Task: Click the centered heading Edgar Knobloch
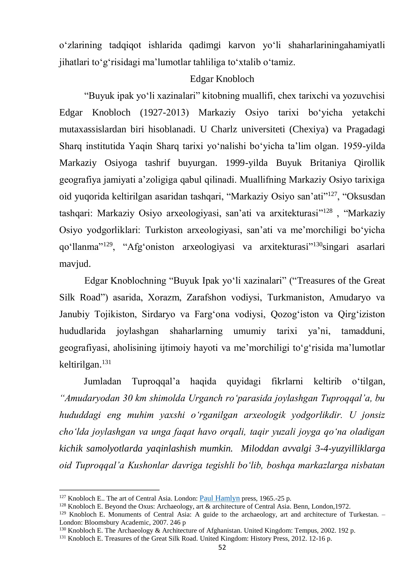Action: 222,79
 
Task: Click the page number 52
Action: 222,547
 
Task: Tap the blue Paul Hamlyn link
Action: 220,498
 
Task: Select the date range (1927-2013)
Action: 164,112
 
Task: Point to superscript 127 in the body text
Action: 332,194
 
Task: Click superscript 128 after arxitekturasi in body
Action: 328,211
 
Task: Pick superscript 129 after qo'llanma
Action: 108,244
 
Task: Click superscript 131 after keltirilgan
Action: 107,362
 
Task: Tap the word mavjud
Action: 75,264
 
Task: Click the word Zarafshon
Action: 206,297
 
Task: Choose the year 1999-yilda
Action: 246,163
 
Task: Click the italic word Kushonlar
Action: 148,465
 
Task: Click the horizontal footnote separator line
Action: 109,490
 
